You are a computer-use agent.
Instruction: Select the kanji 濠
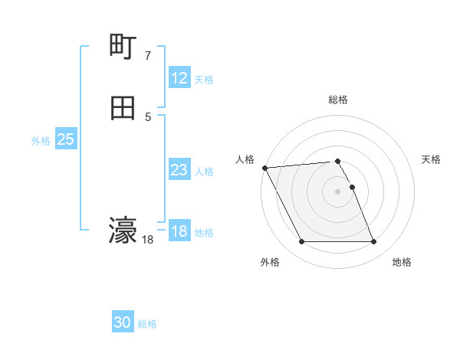[x=123, y=231]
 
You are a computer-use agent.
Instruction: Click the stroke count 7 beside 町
[x=148, y=55]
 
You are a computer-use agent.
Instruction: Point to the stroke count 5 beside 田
[x=148, y=116]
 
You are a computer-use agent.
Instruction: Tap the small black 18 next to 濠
[x=148, y=240]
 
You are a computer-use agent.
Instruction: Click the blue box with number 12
[x=179, y=77]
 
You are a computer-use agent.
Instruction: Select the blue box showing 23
[x=179, y=170]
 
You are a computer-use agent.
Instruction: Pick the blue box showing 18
[x=179, y=231]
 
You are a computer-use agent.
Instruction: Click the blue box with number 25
[x=65, y=139]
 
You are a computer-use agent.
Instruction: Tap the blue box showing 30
[x=123, y=322]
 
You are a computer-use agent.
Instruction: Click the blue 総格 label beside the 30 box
[x=148, y=324]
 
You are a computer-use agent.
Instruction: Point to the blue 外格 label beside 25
[x=41, y=141]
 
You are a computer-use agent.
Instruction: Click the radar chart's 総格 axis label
[x=338, y=100]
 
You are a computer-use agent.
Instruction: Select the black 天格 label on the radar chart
[x=432, y=159]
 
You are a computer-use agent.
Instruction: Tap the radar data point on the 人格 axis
[x=264, y=168]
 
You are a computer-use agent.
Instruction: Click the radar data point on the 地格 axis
[x=373, y=242]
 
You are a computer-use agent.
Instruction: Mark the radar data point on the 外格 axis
[x=301, y=242]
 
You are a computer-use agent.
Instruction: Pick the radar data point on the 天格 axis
[x=352, y=187]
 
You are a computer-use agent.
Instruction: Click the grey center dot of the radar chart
[x=338, y=191]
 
